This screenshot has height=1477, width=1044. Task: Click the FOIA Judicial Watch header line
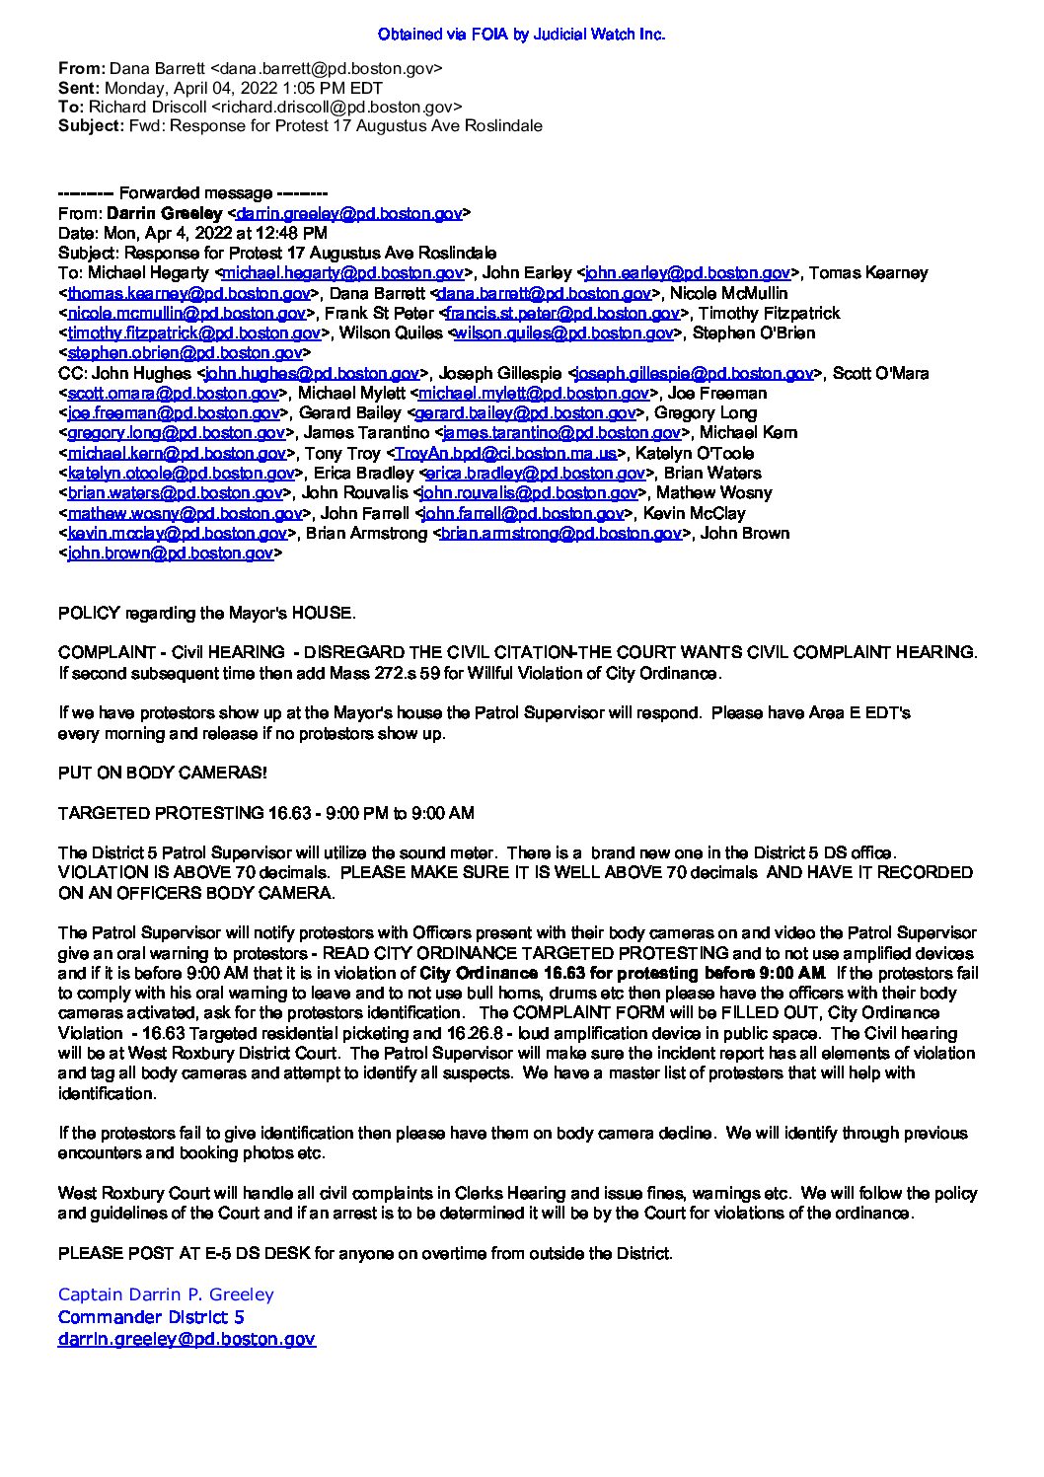tap(521, 35)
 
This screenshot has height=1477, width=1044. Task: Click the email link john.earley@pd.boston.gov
tap(687, 273)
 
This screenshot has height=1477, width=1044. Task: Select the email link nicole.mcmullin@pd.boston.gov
tap(186, 314)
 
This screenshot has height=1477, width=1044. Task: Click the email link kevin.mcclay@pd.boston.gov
tap(177, 534)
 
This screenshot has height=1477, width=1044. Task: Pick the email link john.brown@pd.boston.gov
tap(170, 554)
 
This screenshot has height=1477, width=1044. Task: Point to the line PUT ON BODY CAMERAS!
tap(162, 774)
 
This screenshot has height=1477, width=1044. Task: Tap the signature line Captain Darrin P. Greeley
tap(166, 1294)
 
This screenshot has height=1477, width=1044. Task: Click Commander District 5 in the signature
tap(151, 1317)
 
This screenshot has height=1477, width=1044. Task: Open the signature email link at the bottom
tap(186, 1340)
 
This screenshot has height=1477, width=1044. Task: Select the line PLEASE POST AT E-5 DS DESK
tap(365, 1254)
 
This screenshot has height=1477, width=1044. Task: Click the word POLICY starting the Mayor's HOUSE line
tap(89, 614)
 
